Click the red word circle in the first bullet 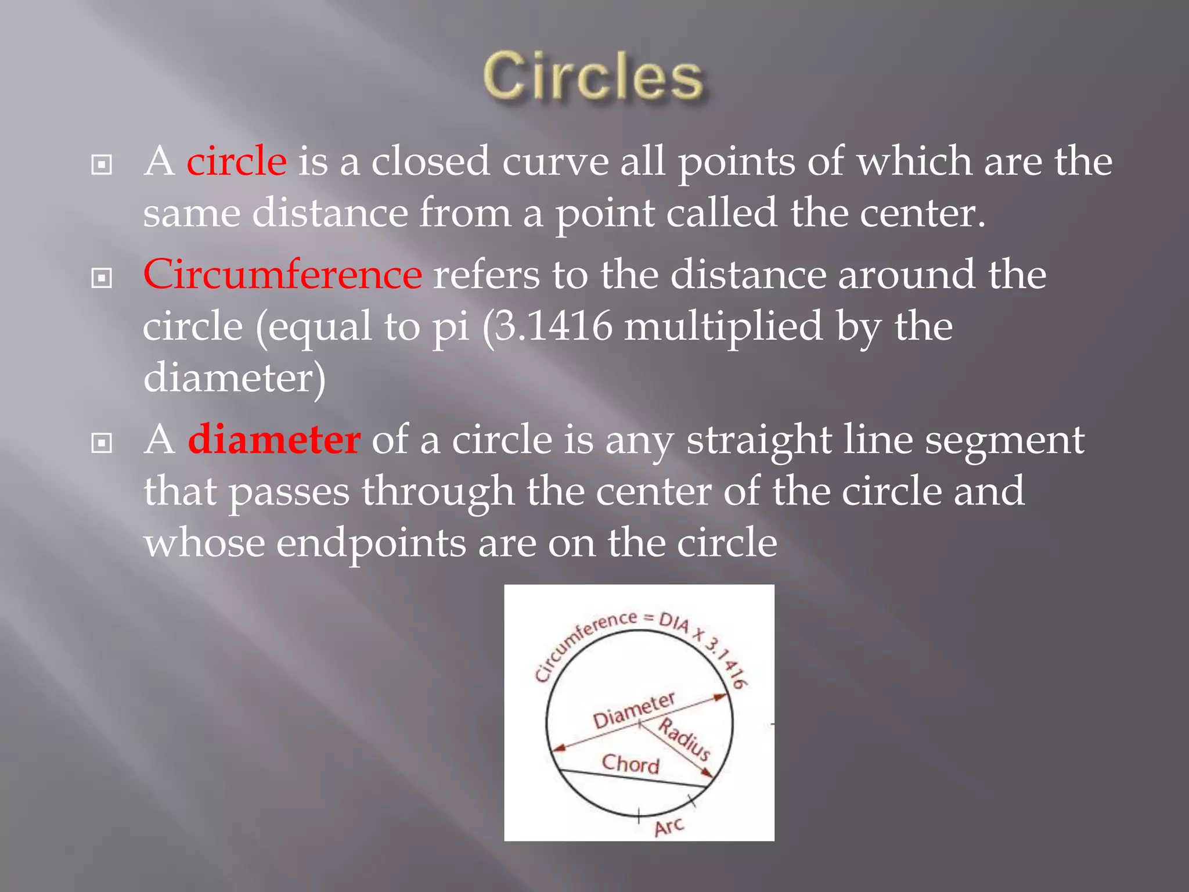click(236, 161)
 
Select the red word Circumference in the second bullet click(282, 274)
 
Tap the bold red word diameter click(274, 440)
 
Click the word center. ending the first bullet click(922, 213)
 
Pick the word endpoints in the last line click(370, 544)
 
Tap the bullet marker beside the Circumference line click(102, 278)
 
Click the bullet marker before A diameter click(102, 444)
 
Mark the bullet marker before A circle click(102, 165)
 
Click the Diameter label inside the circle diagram click(633, 711)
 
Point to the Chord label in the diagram click(630, 764)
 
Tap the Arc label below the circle click(669, 826)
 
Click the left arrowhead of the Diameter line click(559, 748)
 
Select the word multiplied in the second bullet click(723, 326)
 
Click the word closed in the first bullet click(431, 161)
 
